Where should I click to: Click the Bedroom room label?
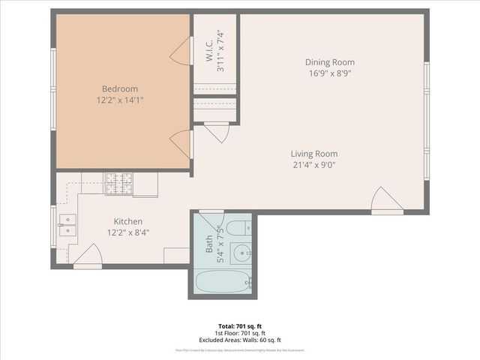[120, 88]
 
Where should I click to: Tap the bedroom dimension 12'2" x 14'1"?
[120, 100]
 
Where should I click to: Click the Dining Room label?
[330, 62]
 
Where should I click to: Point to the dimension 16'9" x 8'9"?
[330, 73]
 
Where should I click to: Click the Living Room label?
[313, 154]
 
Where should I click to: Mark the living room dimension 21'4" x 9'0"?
[313, 165]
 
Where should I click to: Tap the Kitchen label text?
[128, 221]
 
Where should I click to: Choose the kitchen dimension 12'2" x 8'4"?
[128, 232]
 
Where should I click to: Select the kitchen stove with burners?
[118, 184]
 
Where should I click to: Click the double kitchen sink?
[68, 224]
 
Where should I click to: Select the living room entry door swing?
[386, 201]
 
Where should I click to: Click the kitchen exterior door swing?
[88, 255]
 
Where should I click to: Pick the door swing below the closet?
[217, 133]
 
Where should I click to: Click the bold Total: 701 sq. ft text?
[240, 326]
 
